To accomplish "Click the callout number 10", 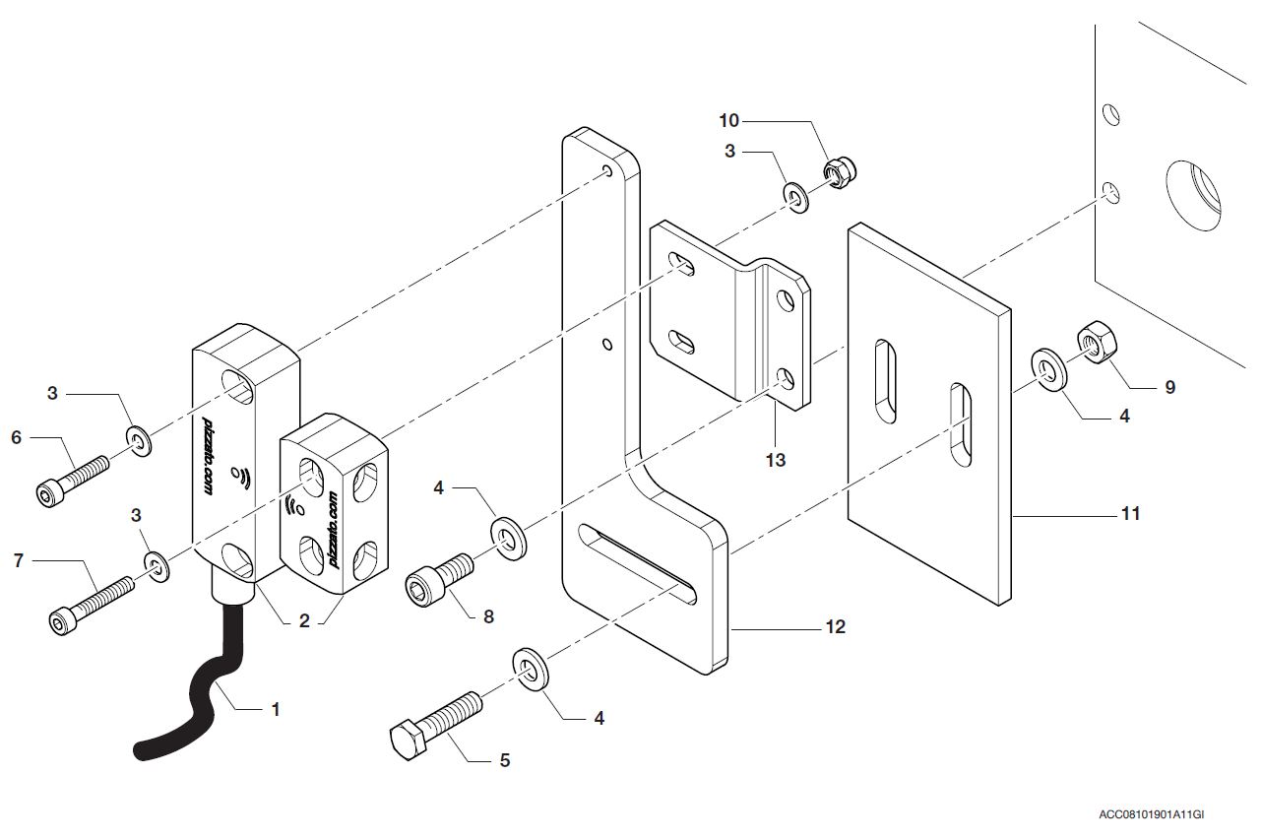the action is click(x=729, y=120).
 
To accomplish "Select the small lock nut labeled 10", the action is click(x=840, y=173).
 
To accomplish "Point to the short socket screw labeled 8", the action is click(x=439, y=581).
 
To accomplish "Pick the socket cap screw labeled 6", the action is click(x=72, y=482).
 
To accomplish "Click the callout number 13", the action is click(x=776, y=460).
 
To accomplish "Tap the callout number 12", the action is click(x=835, y=627).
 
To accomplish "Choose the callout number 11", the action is click(x=1131, y=513).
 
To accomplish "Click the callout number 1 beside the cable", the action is click(x=276, y=709).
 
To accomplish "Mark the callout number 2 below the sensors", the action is click(x=304, y=620).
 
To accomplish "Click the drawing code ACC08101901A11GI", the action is click(x=1151, y=814).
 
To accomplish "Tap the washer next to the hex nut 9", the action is click(x=1049, y=369).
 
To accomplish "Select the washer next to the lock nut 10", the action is click(x=796, y=197).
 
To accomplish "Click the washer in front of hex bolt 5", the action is click(x=531, y=669).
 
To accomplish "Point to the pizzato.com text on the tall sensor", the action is click(x=208, y=456).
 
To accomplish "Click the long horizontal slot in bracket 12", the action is click(x=637, y=564).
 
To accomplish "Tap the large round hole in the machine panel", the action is click(x=1193, y=196).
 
